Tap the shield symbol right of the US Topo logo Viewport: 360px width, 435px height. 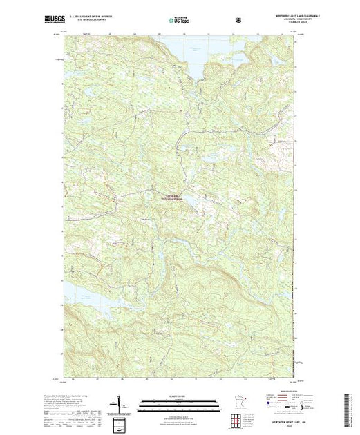tap(239, 21)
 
